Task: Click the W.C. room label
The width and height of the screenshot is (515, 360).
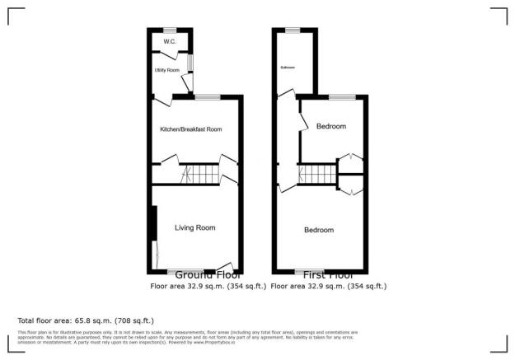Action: click(170, 40)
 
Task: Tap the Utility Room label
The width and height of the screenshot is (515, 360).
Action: click(167, 70)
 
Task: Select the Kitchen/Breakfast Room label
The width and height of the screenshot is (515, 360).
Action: click(191, 129)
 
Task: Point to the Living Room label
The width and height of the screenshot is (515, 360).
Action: click(194, 227)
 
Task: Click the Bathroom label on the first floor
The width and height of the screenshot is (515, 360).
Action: click(288, 67)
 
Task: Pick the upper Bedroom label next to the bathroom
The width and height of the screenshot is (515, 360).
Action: click(330, 126)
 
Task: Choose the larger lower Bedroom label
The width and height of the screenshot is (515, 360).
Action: click(319, 230)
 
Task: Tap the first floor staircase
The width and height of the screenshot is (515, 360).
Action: click(317, 175)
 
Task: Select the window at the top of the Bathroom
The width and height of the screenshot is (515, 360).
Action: click(293, 30)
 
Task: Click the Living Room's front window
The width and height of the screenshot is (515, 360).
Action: click(180, 271)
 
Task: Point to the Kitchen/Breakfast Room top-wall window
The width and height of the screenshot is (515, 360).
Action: click(208, 96)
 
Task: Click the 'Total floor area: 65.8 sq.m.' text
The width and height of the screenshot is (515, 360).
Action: click(86, 320)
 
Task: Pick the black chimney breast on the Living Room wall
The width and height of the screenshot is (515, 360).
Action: click(154, 222)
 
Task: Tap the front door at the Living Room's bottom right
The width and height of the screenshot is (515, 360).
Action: click(226, 268)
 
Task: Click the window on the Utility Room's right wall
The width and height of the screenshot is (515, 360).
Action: click(190, 63)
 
